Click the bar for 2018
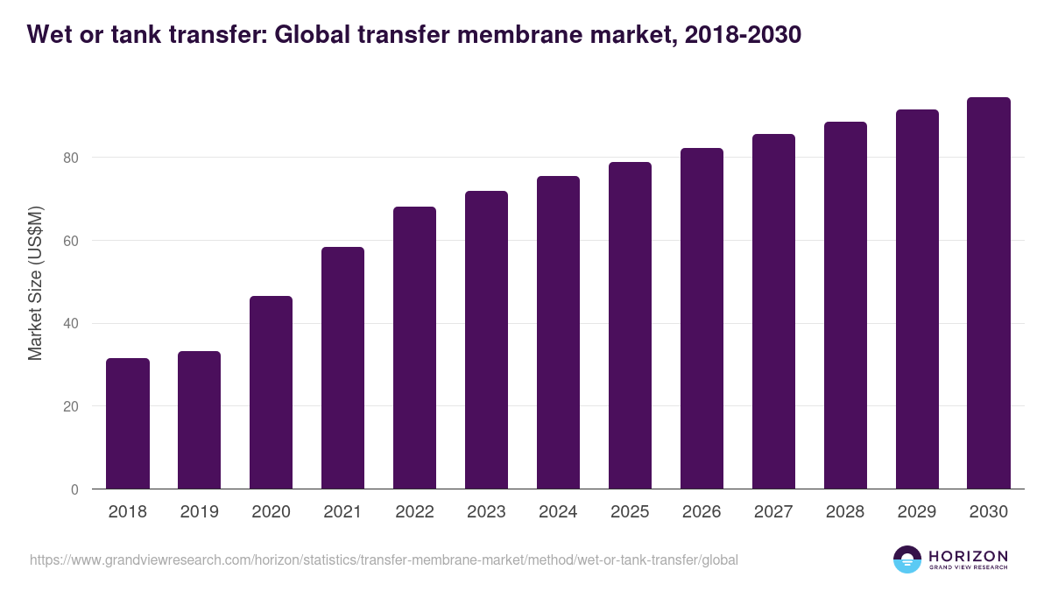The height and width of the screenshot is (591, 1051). click(128, 424)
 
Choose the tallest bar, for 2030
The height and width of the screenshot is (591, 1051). click(989, 293)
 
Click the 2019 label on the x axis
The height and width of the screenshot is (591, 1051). click(200, 512)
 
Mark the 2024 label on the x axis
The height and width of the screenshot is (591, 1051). click(558, 512)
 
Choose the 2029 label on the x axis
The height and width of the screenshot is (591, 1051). click(917, 512)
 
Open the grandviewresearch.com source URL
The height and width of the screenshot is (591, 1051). click(384, 559)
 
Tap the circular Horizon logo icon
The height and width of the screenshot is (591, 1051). click(907, 559)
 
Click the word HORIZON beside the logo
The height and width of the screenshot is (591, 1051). click(968, 556)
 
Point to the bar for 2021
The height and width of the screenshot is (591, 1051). click(342, 368)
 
